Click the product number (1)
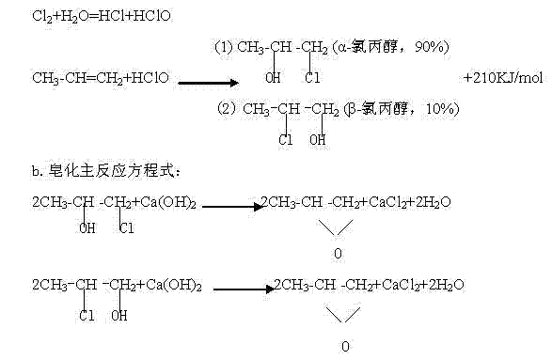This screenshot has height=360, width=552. [226, 47]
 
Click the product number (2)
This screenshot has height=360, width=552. [226, 110]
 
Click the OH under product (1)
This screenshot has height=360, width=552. [274, 77]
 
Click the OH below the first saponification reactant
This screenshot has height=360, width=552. [87, 227]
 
